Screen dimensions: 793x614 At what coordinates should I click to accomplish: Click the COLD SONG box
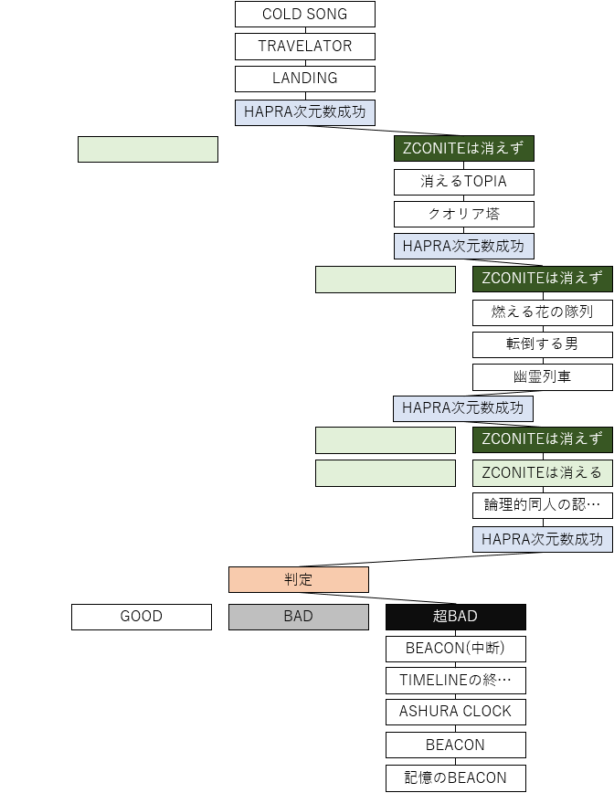pos(305,15)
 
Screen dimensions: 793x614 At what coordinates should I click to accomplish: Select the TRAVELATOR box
pos(305,47)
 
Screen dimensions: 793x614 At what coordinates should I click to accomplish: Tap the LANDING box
pos(305,79)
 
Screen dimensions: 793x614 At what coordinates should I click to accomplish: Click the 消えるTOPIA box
pos(464,182)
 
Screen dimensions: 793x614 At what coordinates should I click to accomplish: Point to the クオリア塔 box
pos(464,215)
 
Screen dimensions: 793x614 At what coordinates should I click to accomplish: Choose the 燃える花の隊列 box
pos(543,312)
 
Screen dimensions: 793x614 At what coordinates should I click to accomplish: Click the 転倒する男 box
pos(543,344)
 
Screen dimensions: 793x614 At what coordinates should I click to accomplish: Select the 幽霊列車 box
pos(543,376)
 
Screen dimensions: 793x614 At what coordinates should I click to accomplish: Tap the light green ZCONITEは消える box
pos(543,473)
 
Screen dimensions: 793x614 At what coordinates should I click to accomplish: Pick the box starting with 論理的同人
pos(543,505)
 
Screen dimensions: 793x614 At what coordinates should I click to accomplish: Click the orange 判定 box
pos(299,580)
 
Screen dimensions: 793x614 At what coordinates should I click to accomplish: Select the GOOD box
pos(142,617)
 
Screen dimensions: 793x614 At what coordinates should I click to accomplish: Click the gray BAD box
pos(299,617)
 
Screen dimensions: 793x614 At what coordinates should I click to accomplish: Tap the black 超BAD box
pos(456,617)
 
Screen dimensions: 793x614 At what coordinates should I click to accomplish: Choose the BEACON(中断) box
pos(456,650)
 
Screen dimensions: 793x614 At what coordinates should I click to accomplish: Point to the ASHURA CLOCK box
pos(456,712)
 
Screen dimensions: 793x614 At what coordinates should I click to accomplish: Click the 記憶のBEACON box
pos(456,778)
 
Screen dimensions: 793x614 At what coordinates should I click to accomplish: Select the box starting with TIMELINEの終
pos(456,681)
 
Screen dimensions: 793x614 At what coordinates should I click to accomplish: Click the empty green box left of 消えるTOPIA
pos(148,149)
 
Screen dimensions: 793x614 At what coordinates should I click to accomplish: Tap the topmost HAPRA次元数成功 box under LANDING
pos(305,112)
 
